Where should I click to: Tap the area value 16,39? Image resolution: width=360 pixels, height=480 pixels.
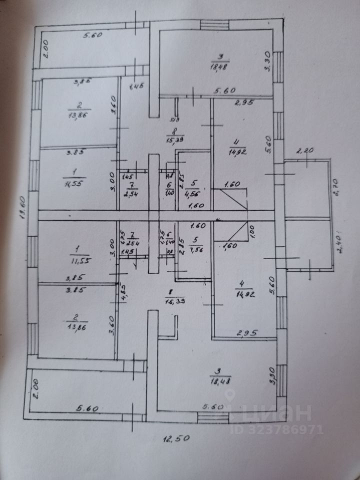173,300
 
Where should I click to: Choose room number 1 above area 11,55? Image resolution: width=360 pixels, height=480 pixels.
76,248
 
